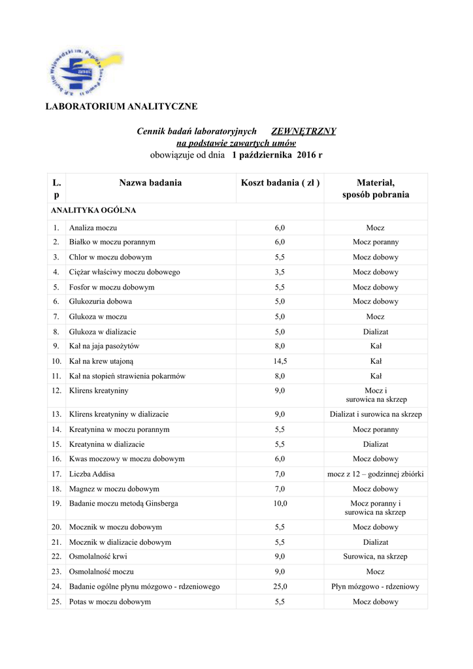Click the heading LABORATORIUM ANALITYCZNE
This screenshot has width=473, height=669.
(x=120, y=106)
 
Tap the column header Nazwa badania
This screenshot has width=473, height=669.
(x=150, y=183)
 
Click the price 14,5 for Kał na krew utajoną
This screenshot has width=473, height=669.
(x=280, y=361)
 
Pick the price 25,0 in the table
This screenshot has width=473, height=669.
(x=280, y=587)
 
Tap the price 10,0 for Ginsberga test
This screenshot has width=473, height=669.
(x=280, y=504)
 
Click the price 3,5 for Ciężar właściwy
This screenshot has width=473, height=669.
(x=280, y=272)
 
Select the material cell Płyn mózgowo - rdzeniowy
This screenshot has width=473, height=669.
(x=376, y=587)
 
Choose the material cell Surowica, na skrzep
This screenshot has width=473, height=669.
(x=376, y=557)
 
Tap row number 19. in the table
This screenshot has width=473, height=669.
(x=56, y=504)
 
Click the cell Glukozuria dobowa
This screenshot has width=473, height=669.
(x=101, y=302)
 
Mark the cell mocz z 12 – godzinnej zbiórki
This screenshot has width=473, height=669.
(x=376, y=474)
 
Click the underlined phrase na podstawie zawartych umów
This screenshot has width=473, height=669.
(x=236, y=143)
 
